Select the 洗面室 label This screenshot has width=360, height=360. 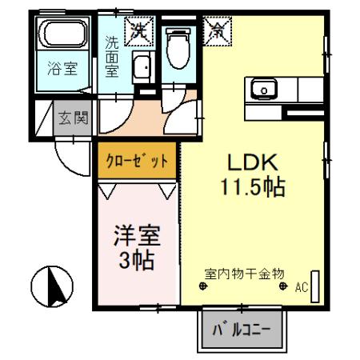pos(112,54)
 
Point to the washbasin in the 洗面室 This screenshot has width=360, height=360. pos(142,69)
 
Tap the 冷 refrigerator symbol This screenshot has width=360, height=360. pos(216,31)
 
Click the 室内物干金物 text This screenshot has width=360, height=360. pos(243,273)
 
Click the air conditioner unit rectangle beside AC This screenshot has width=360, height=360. pos(315,285)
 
